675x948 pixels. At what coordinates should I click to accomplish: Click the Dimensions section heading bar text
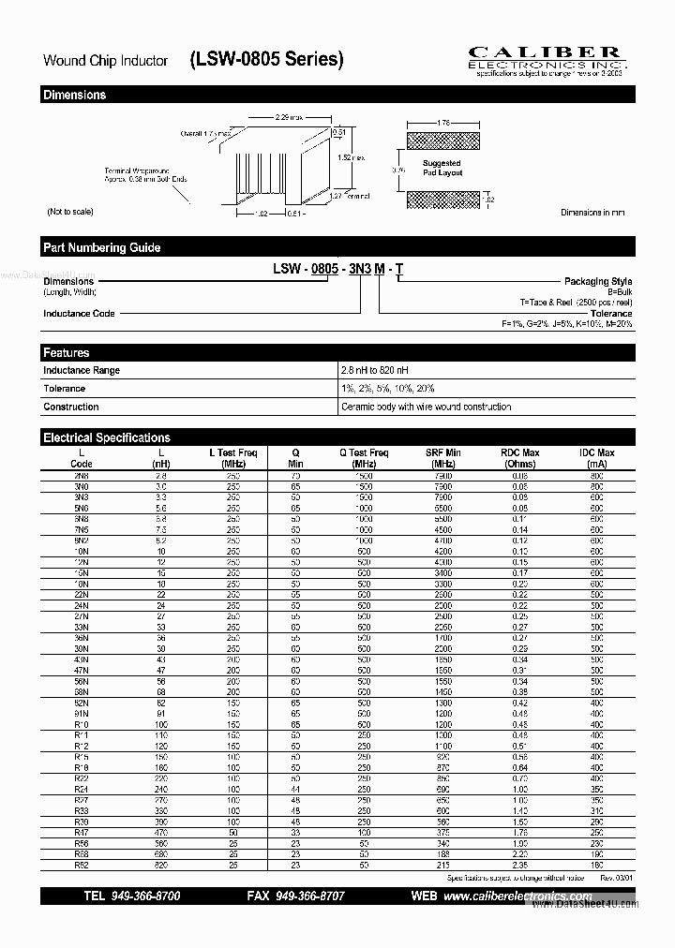click(75, 95)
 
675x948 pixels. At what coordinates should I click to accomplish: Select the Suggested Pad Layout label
click(442, 168)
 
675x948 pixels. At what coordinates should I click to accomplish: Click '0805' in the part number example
click(323, 269)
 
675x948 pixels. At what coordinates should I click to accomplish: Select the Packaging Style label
click(597, 281)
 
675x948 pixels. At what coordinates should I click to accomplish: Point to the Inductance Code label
click(79, 314)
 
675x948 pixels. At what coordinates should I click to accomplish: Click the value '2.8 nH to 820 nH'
click(376, 370)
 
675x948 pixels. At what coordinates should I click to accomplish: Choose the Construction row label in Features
click(71, 407)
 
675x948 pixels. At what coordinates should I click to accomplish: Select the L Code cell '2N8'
click(82, 476)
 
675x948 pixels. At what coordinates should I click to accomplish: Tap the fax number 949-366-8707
click(308, 896)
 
